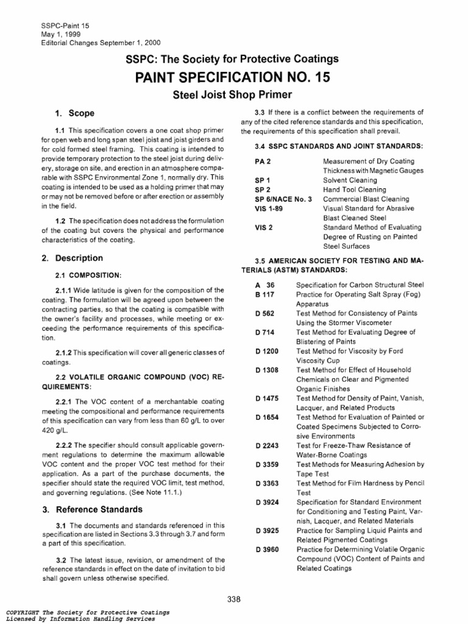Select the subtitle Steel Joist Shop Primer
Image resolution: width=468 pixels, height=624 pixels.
(x=233, y=95)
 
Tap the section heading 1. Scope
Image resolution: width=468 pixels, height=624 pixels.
(x=74, y=113)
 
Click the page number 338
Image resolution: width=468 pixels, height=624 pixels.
(x=233, y=599)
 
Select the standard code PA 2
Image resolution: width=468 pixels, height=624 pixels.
(x=263, y=161)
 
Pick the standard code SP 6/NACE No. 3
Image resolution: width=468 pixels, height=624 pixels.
(x=283, y=199)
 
